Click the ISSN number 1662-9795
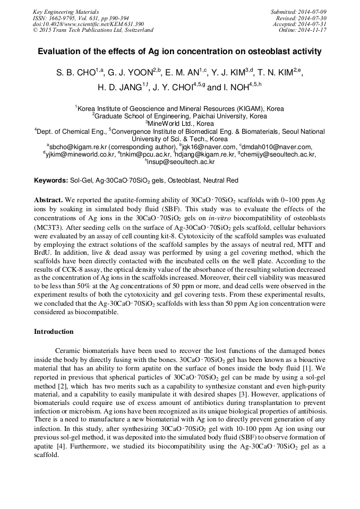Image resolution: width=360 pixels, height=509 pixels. [x=58, y=18]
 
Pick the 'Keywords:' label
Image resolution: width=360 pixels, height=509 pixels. [x=51, y=180]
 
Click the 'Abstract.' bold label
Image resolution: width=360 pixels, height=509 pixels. [x=49, y=200]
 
